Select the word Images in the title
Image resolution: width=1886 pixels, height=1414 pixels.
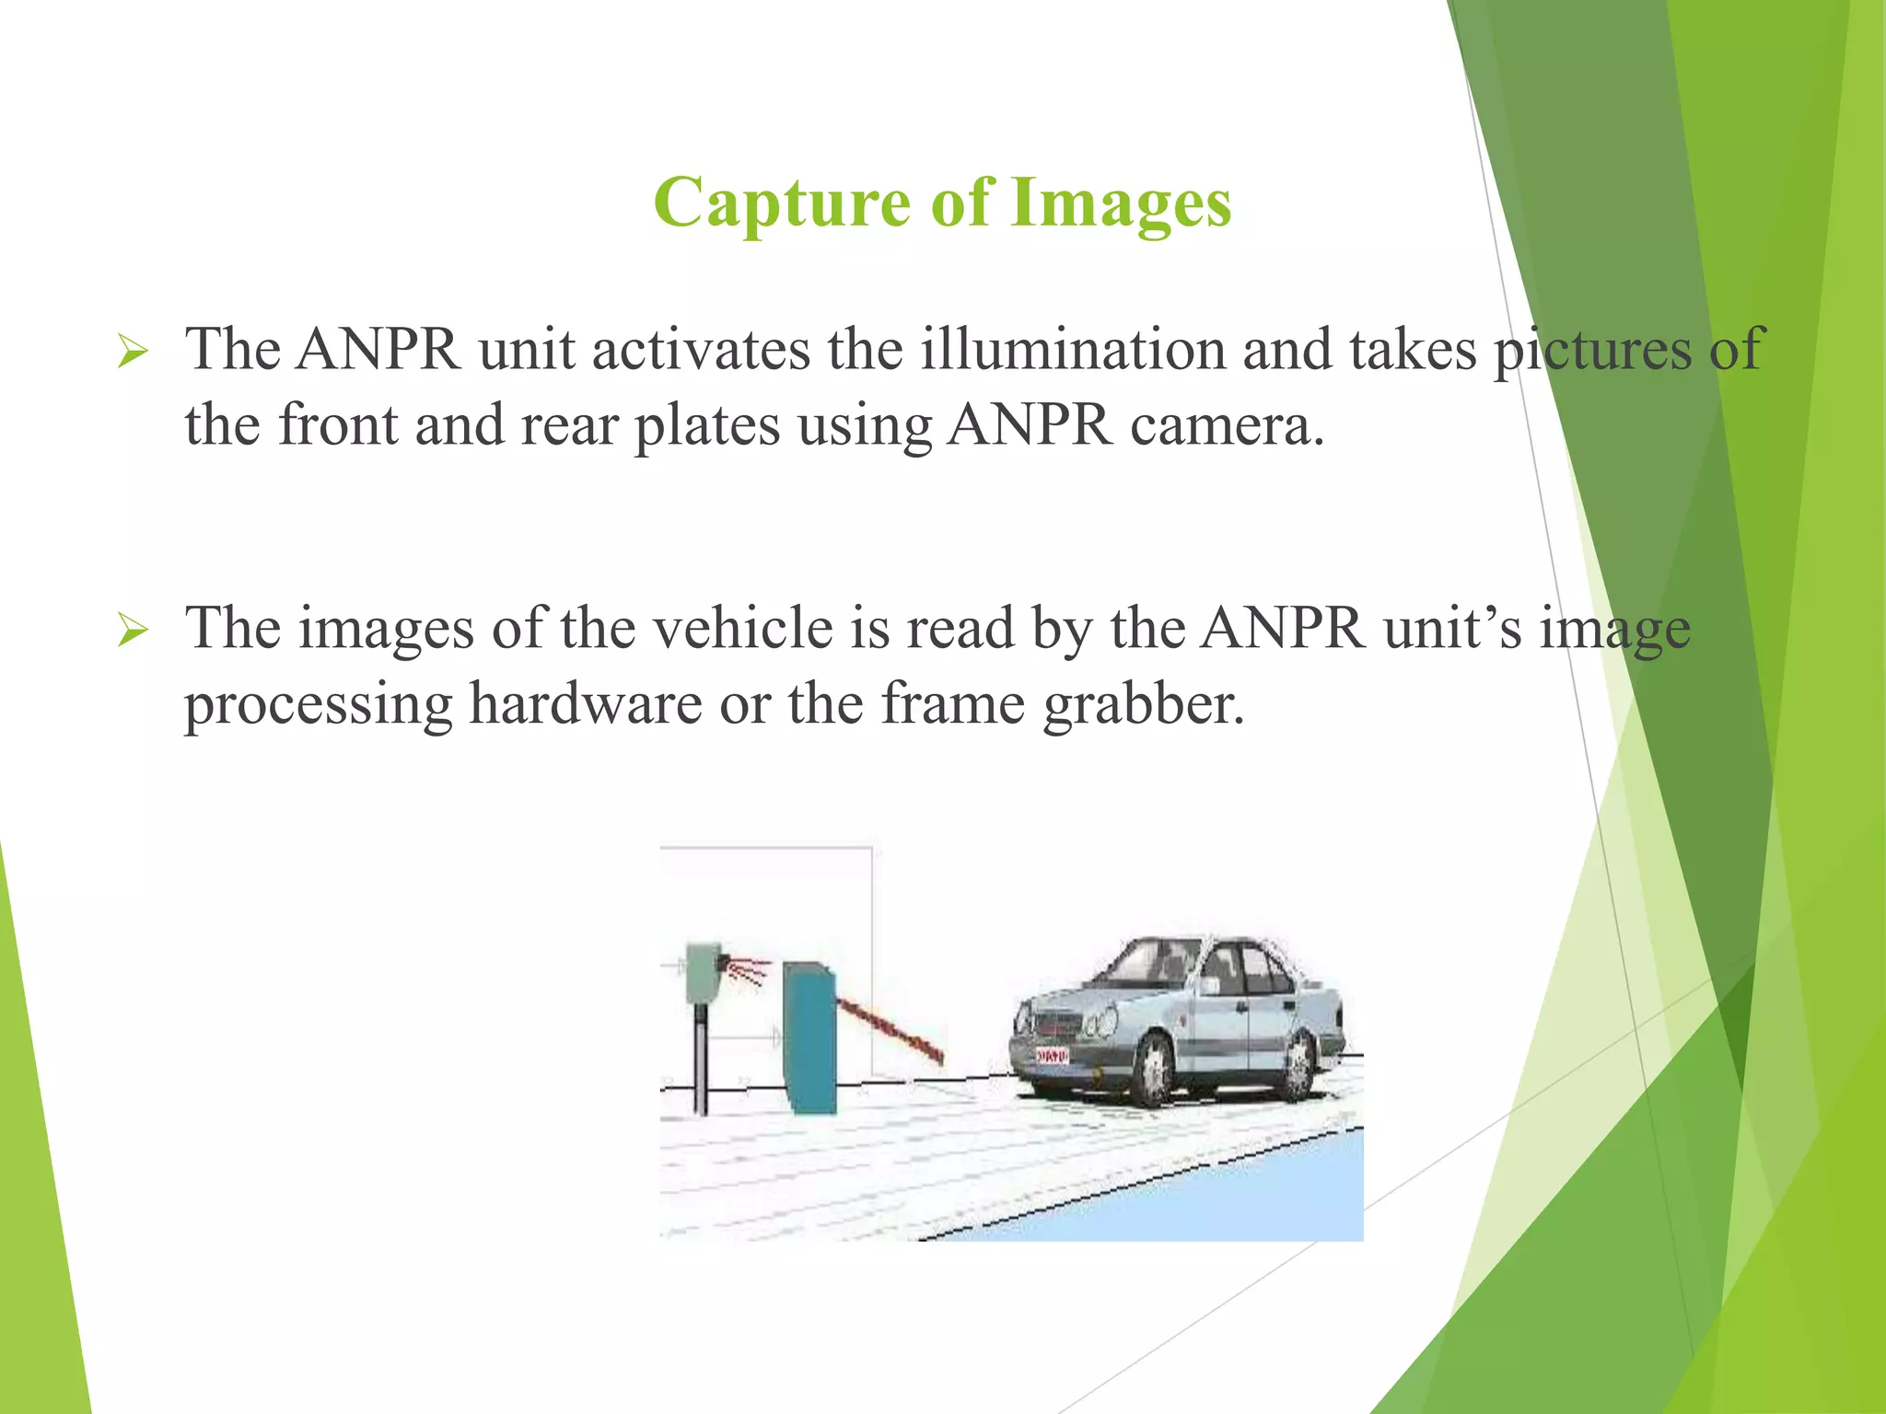[x=1121, y=203]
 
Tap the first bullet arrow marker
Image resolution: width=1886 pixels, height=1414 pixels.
[x=133, y=353]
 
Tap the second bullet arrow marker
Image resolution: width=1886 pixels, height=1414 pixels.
[x=133, y=632]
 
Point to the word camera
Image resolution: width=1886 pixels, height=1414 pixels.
[x=1227, y=425]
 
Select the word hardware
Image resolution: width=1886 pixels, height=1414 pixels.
[x=586, y=704]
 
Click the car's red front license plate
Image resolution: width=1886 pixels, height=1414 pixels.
[x=1052, y=1056]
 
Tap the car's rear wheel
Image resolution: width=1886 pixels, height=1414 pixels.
[x=1298, y=1067]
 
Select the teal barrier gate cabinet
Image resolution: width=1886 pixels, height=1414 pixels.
[x=809, y=1036]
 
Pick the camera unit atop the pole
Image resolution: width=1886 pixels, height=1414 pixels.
[x=704, y=972]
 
